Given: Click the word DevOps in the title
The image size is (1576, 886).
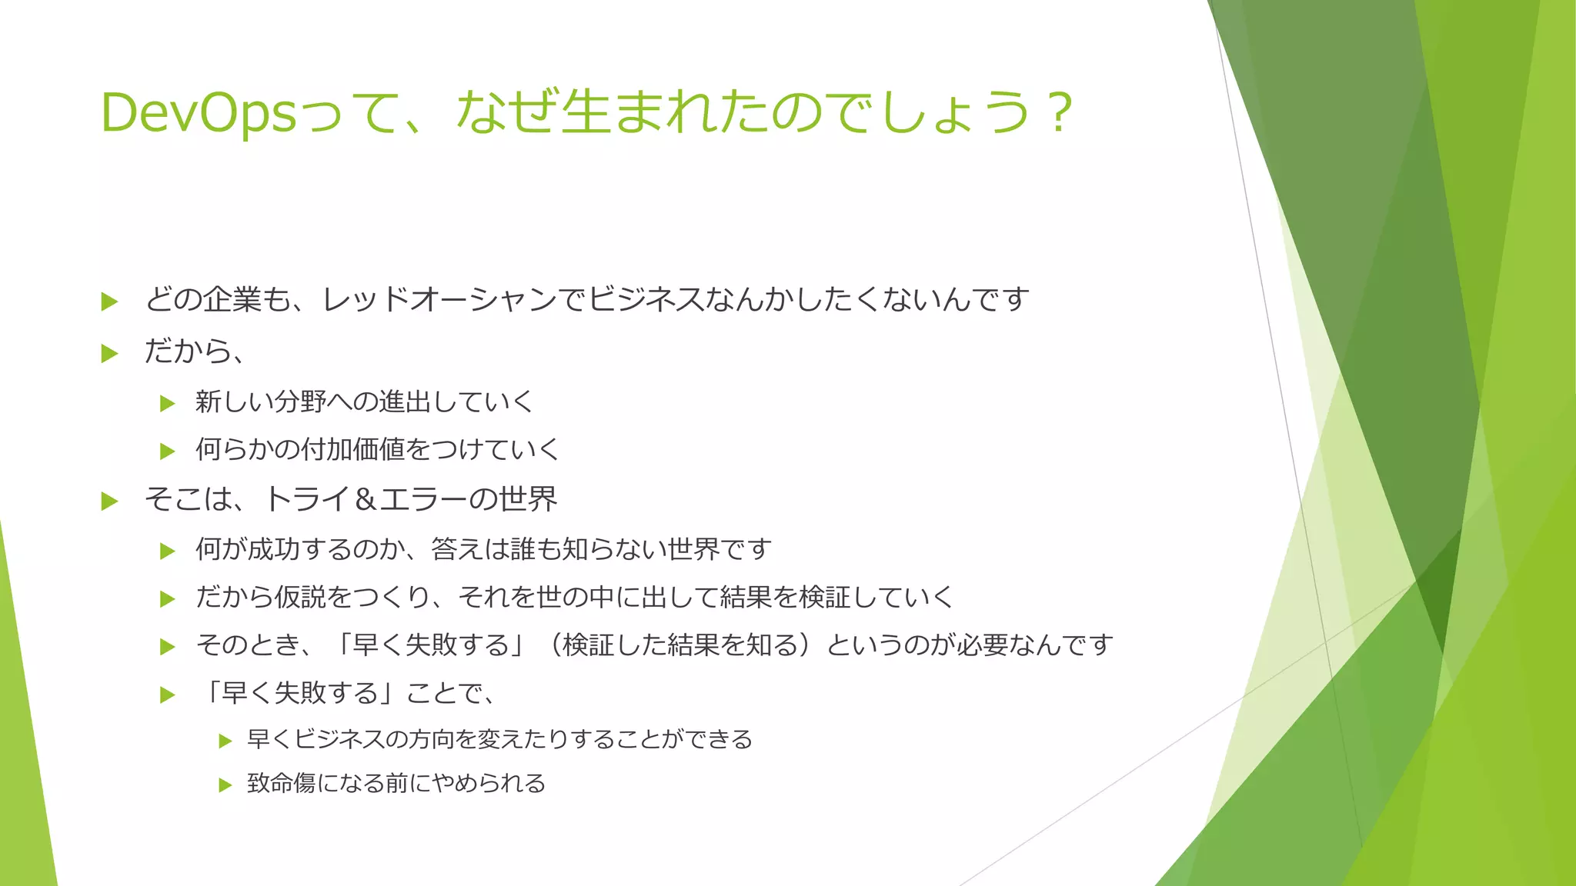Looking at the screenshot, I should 199,113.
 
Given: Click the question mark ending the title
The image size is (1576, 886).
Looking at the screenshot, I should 1060,113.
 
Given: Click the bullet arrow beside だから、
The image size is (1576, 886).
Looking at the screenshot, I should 110,354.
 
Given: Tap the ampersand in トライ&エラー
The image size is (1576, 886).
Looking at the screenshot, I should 366,500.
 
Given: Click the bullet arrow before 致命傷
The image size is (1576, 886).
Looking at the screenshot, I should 225,785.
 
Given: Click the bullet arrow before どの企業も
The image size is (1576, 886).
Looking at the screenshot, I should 110,301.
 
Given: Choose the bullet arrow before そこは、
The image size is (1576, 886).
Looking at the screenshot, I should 110,502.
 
